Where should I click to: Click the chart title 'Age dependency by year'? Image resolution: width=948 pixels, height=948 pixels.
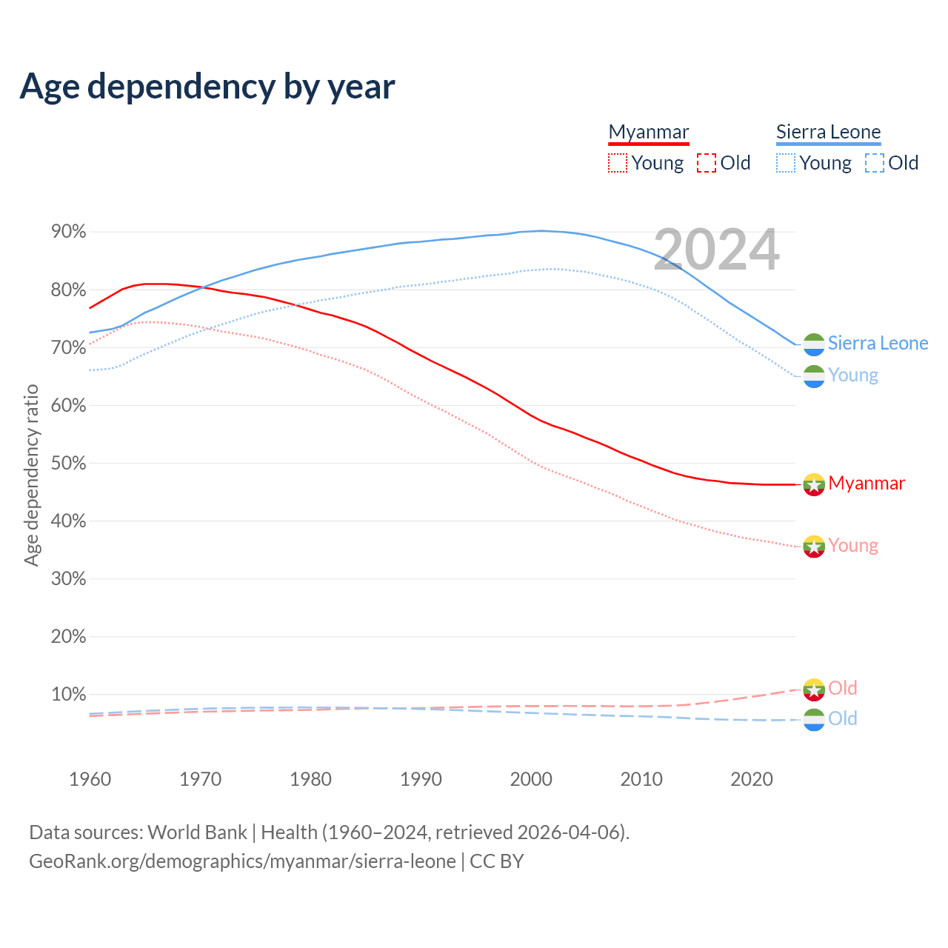point(207,87)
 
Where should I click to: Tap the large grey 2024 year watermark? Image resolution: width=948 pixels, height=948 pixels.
point(716,250)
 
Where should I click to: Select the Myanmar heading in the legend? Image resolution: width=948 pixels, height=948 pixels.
point(649,132)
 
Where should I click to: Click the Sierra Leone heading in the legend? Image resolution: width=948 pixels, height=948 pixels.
point(828,132)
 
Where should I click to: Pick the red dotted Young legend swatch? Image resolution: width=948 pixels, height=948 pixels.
point(617,163)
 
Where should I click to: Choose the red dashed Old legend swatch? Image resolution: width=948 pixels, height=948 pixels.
point(707,163)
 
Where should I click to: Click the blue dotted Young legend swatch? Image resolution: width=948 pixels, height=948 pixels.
point(786,163)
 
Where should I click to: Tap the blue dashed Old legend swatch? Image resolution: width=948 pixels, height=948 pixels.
point(875,163)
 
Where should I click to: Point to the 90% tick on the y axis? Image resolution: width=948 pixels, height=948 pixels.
point(68,232)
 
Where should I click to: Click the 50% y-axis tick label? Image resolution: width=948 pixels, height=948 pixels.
point(68,464)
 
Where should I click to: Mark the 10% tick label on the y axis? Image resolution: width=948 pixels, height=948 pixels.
point(68,695)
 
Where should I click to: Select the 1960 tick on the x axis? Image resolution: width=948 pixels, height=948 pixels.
point(90,779)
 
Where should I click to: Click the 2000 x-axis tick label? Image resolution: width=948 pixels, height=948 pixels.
point(531,779)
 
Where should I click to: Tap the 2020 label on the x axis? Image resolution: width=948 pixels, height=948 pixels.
point(752,779)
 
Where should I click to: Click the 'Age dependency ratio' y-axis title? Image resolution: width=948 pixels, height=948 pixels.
point(31,475)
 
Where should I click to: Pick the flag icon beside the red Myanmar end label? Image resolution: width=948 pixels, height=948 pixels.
point(814,484)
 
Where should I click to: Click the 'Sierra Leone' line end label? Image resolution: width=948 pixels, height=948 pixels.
point(878,343)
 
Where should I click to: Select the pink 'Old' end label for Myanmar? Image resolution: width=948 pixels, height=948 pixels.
point(843,688)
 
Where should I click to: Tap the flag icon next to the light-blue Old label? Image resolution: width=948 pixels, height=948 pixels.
point(814,719)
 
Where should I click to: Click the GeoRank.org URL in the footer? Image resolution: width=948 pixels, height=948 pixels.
point(242,861)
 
